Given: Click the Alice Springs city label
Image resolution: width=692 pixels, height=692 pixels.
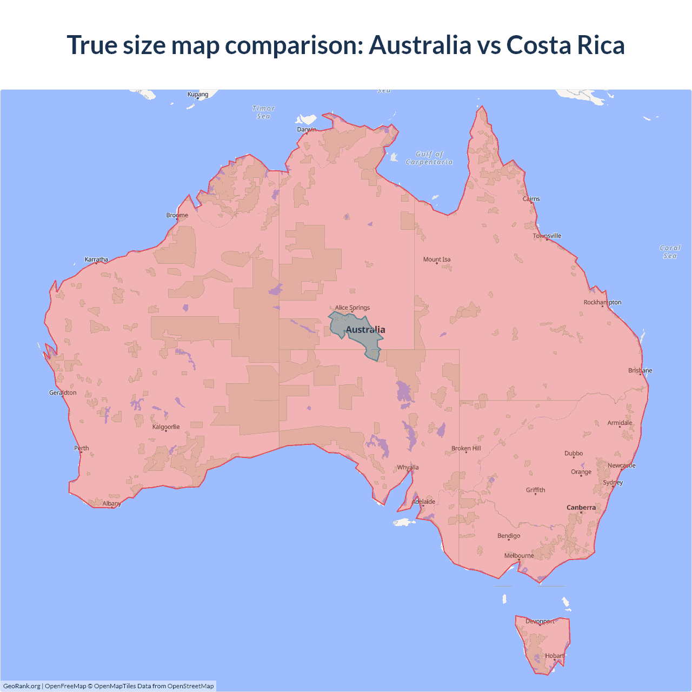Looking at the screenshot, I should pos(352,308).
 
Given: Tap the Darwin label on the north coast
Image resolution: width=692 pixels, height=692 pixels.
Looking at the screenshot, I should pos(307,129).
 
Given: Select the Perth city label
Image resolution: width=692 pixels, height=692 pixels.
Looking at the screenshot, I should pos(82,448).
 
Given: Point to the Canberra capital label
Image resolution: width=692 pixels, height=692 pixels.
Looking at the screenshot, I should pos(581,508).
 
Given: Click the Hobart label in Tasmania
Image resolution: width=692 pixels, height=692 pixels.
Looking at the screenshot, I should pos(555,656).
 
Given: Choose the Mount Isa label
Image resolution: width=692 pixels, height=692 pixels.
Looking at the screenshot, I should pos(437,259).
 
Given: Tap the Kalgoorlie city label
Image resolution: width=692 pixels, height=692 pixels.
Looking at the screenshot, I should pos(166,427).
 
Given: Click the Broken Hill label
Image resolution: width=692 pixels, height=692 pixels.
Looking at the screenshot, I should pos(466,448).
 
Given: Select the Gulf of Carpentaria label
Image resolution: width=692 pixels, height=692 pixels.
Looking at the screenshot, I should pos(429,158).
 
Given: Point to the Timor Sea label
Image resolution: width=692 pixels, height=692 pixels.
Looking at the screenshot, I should pos(263,112).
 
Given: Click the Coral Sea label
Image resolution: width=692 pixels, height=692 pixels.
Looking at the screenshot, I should pos(670,252).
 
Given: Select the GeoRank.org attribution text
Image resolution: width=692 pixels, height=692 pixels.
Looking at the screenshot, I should pos(22,686).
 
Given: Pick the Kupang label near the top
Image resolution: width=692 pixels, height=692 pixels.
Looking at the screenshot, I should pos(198,94).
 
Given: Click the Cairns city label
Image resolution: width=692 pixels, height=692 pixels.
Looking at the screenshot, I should pos(531,199).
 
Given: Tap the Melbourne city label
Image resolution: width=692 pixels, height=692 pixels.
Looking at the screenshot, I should pos(519,556).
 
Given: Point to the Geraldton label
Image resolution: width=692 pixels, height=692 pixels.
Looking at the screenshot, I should pos(63,392).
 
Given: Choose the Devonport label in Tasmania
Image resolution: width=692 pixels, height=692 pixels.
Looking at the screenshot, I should pos(540,621).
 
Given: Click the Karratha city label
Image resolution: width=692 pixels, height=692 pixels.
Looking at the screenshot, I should pos(96,259).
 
